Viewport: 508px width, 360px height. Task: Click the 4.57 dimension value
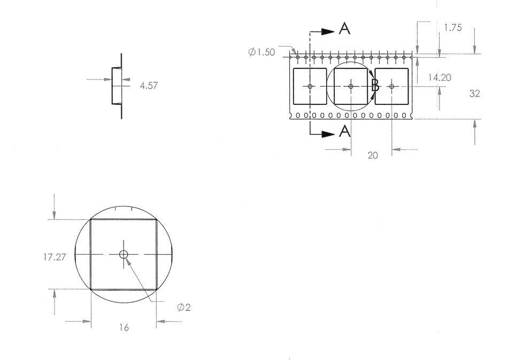click(x=148, y=85)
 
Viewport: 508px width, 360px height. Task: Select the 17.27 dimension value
click(x=55, y=257)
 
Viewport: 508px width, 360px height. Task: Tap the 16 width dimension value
click(x=124, y=327)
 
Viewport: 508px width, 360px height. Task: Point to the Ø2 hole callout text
click(x=184, y=307)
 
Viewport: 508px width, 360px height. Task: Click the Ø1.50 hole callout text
click(x=261, y=52)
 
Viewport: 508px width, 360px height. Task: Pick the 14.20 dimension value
click(x=440, y=78)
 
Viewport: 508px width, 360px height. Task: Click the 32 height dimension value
click(x=474, y=93)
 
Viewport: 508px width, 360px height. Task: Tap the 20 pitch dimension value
click(x=372, y=155)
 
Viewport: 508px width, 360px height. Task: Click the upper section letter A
click(x=345, y=29)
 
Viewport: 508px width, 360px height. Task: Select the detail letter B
click(x=375, y=86)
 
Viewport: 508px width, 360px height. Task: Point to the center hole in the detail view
click(x=124, y=254)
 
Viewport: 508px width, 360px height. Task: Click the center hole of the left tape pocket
click(x=310, y=86)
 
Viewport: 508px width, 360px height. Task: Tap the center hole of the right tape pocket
click(x=391, y=86)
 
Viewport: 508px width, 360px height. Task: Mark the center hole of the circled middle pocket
click(x=351, y=86)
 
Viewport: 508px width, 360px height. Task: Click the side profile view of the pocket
click(x=117, y=86)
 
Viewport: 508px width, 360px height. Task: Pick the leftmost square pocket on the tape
click(x=310, y=86)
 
